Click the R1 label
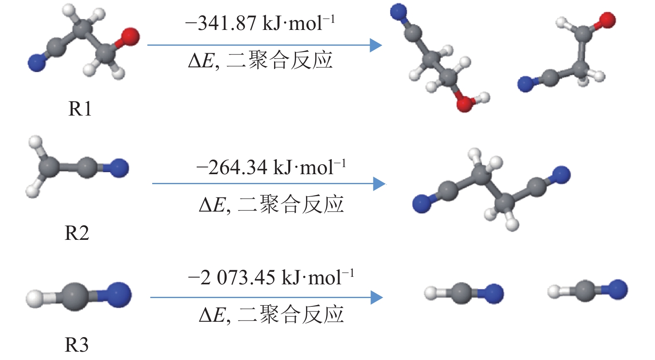[x=80, y=109]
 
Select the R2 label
[x=77, y=233]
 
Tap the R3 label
[x=77, y=345]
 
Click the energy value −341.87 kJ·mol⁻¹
[x=260, y=23]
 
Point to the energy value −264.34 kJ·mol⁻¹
[x=271, y=168]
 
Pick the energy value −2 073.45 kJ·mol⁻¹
[x=271, y=278]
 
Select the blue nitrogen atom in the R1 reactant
[x=37, y=63]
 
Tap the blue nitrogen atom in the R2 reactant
[x=119, y=168]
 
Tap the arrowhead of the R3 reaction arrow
[x=376, y=297]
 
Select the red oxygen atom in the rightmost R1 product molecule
[x=607, y=20]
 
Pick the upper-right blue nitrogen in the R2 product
[x=561, y=175]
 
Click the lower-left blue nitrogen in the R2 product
[x=422, y=204]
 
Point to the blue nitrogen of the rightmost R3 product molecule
[x=617, y=289]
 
